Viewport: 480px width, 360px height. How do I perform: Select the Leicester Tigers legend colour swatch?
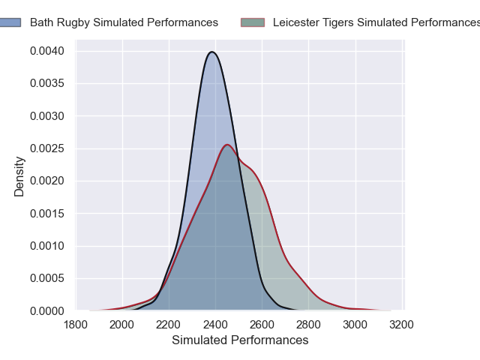pyautogui.click(x=253, y=22)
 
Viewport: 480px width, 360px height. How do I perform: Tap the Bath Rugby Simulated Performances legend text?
pyautogui.click(x=124, y=22)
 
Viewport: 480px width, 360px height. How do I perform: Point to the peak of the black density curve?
pyautogui.click(x=213, y=52)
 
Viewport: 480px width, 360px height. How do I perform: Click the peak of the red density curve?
pyautogui.click(x=227, y=145)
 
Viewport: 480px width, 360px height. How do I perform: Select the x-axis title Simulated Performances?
pyautogui.click(x=240, y=340)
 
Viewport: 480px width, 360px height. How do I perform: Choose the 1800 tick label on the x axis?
pyautogui.click(x=76, y=325)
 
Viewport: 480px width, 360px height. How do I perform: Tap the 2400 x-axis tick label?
pyautogui.click(x=216, y=325)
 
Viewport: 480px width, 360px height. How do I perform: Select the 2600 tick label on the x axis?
pyautogui.click(x=262, y=325)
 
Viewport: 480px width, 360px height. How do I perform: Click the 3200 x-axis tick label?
pyautogui.click(x=402, y=325)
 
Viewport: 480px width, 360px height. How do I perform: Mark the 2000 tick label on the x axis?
pyautogui.click(x=123, y=325)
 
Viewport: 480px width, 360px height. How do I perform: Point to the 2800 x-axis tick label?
pyautogui.click(x=309, y=325)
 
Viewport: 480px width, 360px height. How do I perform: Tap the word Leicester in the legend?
pyautogui.click(x=296, y=22)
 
